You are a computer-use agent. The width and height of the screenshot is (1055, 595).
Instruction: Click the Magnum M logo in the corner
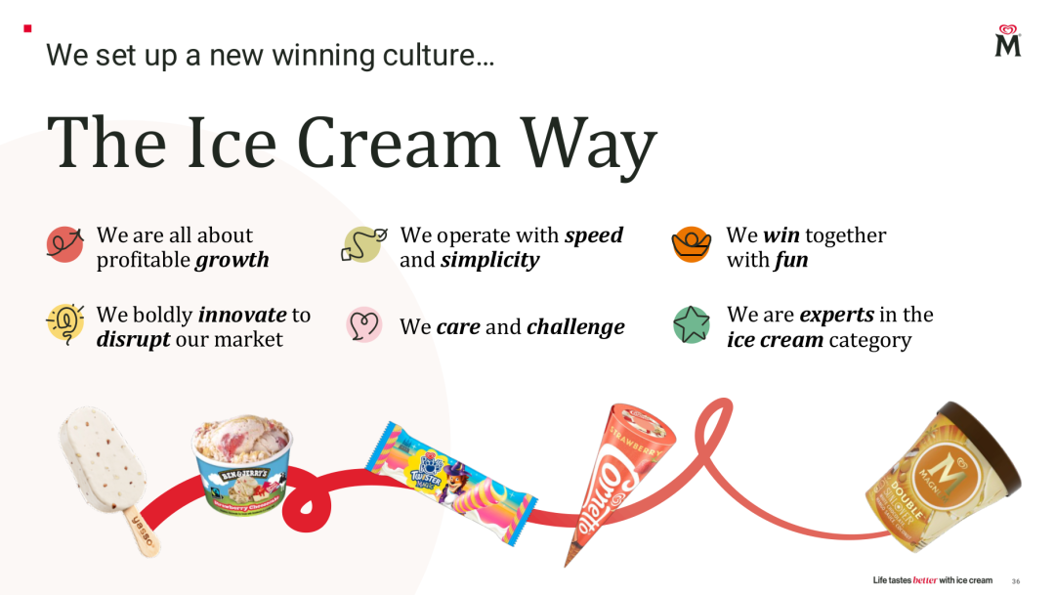coord(1008,41)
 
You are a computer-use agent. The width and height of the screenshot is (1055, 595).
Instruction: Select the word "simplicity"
coord(489,261)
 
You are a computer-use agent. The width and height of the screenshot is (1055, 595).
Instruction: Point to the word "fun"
coord(791,259)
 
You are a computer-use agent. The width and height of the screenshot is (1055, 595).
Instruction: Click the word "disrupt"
coord(133,339)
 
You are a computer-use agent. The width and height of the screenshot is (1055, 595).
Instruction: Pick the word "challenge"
coord(576,327)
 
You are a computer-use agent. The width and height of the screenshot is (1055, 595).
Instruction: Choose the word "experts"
coord(837,315)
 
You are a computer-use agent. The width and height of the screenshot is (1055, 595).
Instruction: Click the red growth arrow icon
coord(65,243)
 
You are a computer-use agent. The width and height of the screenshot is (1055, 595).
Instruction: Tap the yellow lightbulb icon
coord(65,323)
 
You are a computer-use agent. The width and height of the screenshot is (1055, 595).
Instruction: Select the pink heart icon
coord(364,325)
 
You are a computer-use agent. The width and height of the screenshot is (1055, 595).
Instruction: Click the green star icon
coord(692,324)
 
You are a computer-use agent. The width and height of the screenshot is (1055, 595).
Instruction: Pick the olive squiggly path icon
coord(363,244)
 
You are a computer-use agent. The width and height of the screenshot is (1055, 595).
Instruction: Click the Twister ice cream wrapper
coord(450,483)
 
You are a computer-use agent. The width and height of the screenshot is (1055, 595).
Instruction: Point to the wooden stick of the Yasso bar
coord(142,531)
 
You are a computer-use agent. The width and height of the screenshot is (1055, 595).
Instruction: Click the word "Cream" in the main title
coord(399,144)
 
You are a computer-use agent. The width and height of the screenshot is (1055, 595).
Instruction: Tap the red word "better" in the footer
coord(925,580)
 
